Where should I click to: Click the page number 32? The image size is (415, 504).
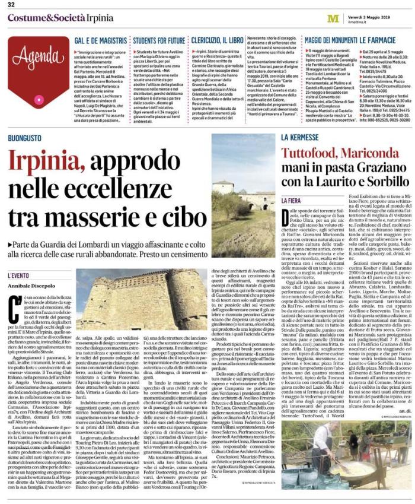(x=11, y=6)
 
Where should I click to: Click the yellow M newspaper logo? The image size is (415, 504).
(x=333, y=18)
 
